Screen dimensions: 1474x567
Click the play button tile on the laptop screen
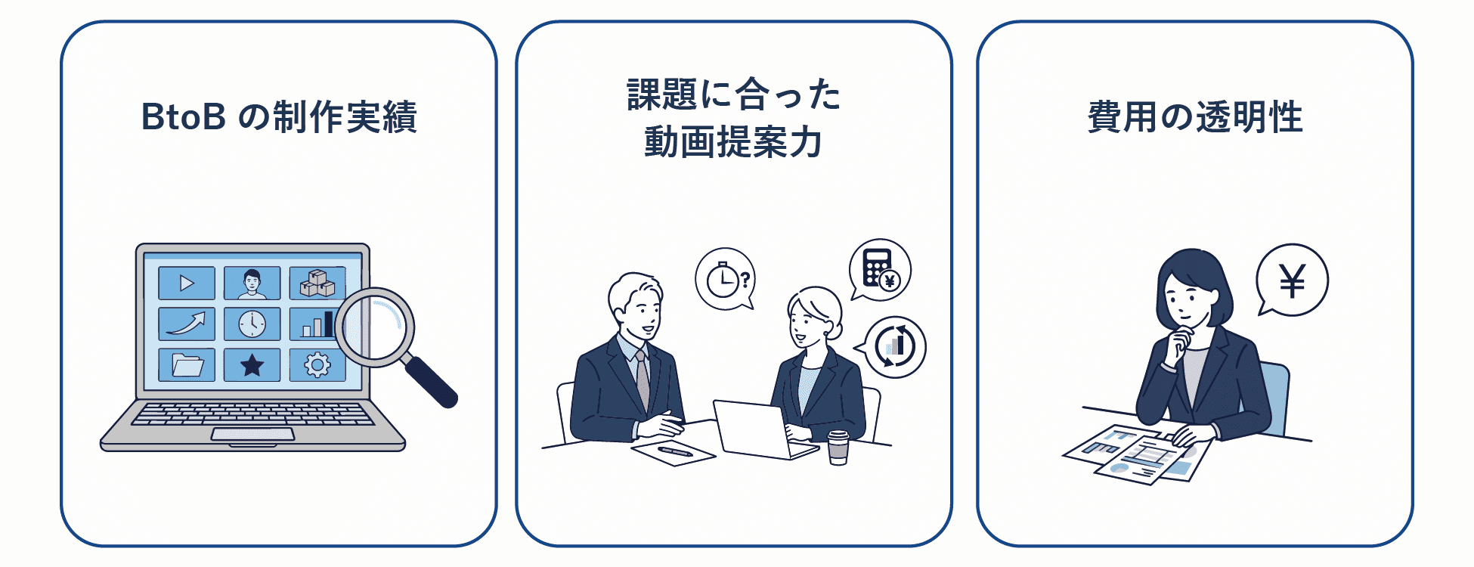coord(187,283)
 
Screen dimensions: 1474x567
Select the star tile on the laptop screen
coord(252,365)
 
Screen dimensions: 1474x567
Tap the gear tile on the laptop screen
coord(317,365)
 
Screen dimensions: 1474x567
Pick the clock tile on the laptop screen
coord(252,324)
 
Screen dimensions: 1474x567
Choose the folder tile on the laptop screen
coord(187,365)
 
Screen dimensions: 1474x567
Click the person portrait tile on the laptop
coord(252,283)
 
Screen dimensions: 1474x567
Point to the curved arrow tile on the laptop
coord(187,324)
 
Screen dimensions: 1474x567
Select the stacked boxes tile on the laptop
coord(317,283)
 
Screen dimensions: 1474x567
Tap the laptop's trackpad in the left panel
coord(252,434)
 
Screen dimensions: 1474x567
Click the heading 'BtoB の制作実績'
coord(279,117)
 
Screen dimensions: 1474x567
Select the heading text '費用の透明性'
coord(1195,117)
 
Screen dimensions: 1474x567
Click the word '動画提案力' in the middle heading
coord(732,142)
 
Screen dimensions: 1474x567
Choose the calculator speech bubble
coord(879,270)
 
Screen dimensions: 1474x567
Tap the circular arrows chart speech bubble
coord(892,347)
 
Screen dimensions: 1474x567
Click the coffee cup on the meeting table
coord(838,447)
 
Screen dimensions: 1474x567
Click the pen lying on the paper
coord(675,451)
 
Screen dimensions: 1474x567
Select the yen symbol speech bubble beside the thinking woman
coord(1292,280)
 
